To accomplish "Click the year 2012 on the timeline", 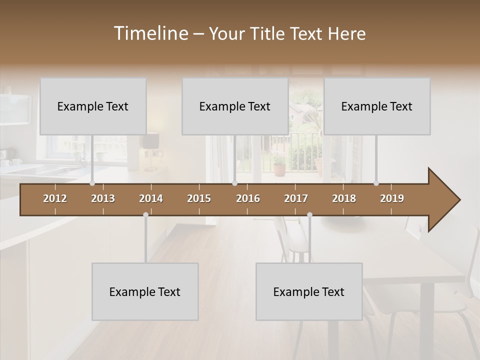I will tap(55, 198).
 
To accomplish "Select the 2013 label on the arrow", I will tap(103, 198).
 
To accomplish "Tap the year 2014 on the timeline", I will tap(151, 198).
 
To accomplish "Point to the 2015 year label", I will tap(199, 198).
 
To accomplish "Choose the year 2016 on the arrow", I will tap(248, 198).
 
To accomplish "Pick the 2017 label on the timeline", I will tap(296, 198).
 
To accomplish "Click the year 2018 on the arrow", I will tap(344, 198).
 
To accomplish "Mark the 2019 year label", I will tap(392, 198).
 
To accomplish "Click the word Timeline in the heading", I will tap(150, 33).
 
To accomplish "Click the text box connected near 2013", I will tap(93, 106).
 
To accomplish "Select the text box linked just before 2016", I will tap(235, 106).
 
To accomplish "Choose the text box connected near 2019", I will tap(377, 106).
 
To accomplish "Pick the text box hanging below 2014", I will tap(145, 291).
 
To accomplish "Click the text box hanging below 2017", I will tap(309, 291).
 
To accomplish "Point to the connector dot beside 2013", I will tap(92, 183).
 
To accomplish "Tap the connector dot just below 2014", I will tap(145, 215).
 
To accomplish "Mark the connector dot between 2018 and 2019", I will tap(376, 183).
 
